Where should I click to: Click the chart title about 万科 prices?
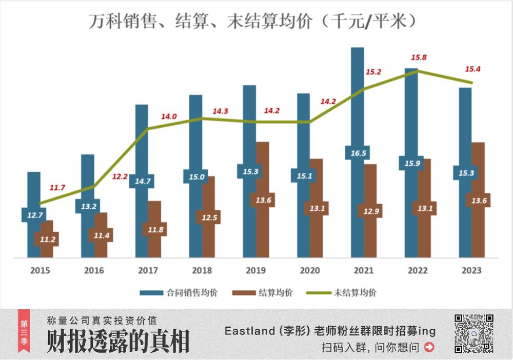pos(252,21)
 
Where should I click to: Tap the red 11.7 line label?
pos(57,188)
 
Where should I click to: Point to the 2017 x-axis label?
pos(148,270)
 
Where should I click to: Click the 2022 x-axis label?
pos(417,270)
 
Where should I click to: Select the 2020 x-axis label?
pos(309,270)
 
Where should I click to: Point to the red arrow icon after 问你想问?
pos(429,347)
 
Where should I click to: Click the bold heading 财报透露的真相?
pos(118,341)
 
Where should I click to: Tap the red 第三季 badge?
pos(24,331)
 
